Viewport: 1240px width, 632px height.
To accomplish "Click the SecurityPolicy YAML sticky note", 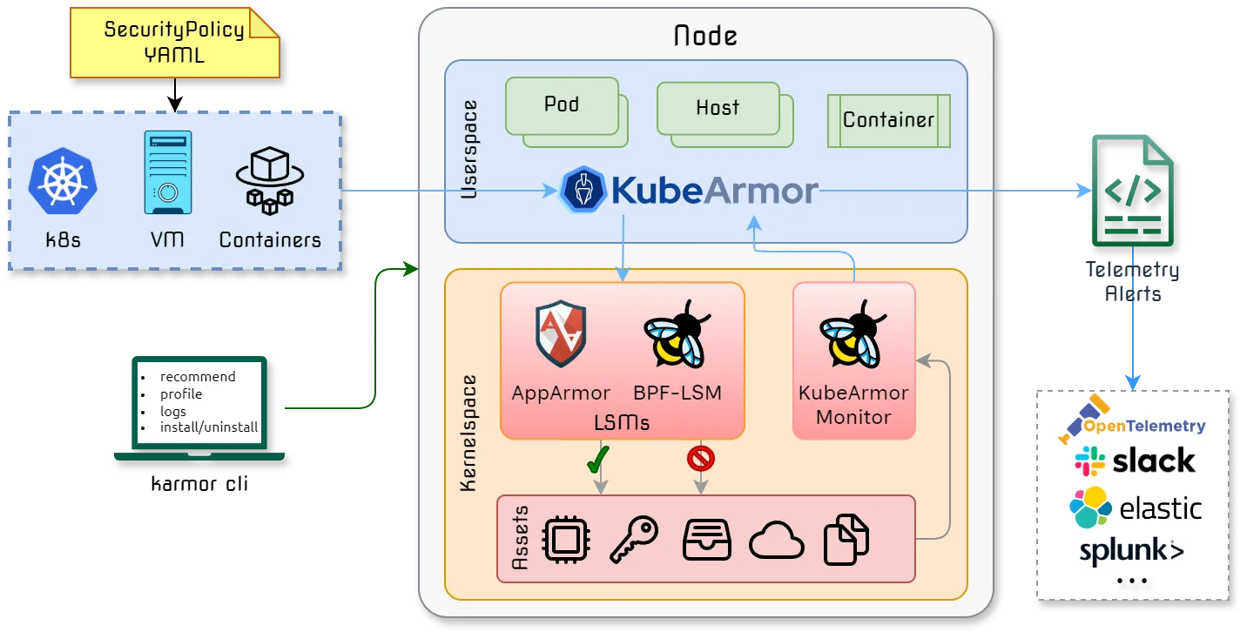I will click(174, 42).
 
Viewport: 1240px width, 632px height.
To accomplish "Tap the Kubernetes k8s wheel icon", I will click(63, 184).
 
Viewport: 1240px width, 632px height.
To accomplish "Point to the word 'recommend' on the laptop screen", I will click(198, 377).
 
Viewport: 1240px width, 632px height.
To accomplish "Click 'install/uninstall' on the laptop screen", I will click(209, 427).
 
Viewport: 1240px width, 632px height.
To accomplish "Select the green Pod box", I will click(563, 105).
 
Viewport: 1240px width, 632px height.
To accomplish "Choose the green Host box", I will click(718, 108).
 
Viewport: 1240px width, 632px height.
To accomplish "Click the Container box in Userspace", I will click(888, 120).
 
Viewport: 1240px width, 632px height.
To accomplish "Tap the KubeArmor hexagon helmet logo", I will click(583, 191).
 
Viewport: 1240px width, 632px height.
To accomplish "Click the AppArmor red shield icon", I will click(561, 335).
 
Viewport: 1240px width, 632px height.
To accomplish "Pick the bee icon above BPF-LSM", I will click(676, 335).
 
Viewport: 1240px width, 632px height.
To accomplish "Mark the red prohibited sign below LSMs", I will click(701, 458).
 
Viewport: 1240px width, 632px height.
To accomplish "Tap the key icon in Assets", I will click(633, 540).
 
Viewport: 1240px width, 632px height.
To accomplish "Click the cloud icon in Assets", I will click(776, 541).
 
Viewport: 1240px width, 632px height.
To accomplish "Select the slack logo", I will click(1135, 461).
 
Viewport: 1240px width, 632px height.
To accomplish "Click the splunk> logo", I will click(1131, 551).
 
